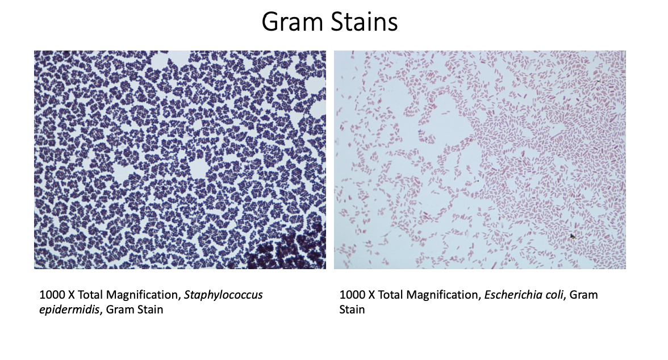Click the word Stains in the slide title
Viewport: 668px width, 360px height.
(364, 22)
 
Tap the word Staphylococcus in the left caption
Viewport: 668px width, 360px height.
(227, 295)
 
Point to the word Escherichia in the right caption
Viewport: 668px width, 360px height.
(509, 295)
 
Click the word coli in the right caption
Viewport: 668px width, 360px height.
(550, 295)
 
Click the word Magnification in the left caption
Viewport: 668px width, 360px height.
(144, 295)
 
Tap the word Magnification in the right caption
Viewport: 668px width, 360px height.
(444, 295)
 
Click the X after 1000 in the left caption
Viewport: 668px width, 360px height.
(72, 295)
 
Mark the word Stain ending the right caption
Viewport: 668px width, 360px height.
(352, 309)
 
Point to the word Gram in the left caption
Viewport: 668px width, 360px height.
(119, 309)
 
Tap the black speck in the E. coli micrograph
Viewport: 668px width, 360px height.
(573, 236)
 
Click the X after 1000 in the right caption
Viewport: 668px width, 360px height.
(371, 295)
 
